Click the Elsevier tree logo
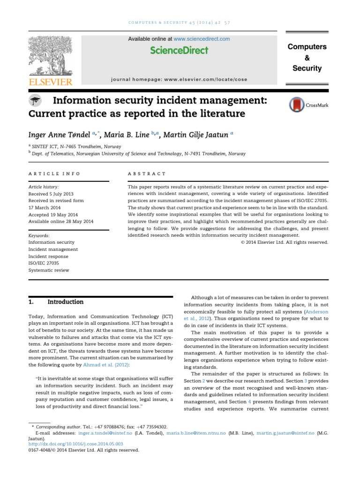[51, 57]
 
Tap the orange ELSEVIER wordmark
[51, 82]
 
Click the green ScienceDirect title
[179, 50]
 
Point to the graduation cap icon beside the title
[35, 100]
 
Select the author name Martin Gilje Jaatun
[197, 135]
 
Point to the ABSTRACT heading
[147, 173]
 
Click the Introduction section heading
[68, 302]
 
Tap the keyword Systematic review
[49, 270]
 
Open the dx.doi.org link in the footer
[75, 443]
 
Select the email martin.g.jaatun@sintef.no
[284, 434]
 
